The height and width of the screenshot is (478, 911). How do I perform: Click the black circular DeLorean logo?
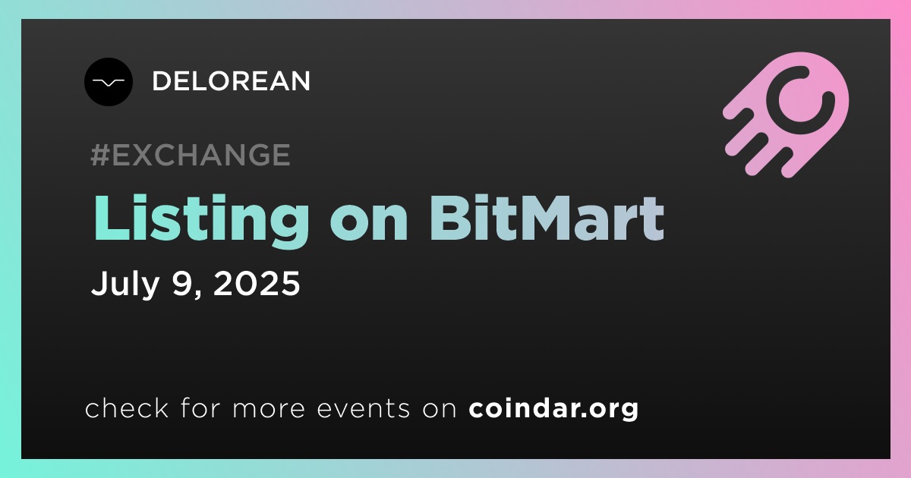tap(109, 82)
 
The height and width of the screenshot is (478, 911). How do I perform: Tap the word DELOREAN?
tap(231, 81)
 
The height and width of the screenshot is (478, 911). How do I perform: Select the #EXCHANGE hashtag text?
tap(191, 155)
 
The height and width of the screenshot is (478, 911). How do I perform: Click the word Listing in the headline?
tap(201, 220)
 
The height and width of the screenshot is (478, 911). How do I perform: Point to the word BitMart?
tap(547, 218)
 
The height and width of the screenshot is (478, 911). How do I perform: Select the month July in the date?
tap(125, 283)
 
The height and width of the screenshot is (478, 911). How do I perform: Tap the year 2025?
tap(257, 283)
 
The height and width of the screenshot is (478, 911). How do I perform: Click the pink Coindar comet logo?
tap(786, 115)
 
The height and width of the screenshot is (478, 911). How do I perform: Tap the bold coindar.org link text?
tap(553, 408)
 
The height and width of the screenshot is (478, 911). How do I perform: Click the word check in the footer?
tap(127, 408)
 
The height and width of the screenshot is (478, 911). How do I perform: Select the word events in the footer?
tap(363, 409)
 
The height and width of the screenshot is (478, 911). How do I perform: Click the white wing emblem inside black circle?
tap(108, 83)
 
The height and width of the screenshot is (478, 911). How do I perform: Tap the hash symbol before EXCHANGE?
tap(100, 155)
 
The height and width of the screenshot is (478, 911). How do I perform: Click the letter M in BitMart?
tap(539, 218)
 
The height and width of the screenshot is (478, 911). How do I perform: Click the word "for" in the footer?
tap(200, 408)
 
